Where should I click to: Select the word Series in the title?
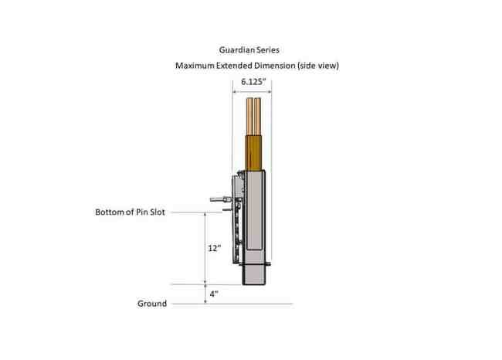click(268, 50)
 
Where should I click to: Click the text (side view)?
click(318, 66)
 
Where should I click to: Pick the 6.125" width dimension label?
click(253, 82)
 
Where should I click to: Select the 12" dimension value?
click(215, 248)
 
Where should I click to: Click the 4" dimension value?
click(214, 294)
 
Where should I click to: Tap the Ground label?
click(152, 304)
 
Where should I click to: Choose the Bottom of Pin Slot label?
click(130, 212)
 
